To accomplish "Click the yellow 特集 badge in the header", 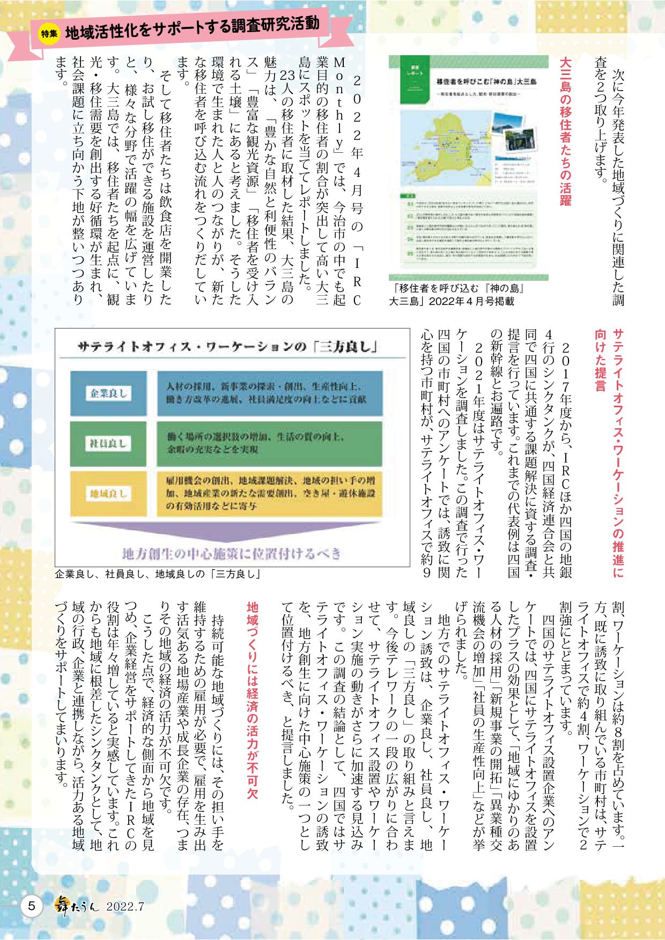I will click(49, 33).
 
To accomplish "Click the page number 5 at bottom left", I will click(32, 906).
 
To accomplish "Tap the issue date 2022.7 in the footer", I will click(125, 907).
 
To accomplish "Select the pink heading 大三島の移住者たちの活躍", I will click(565, 131).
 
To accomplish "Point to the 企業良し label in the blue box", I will click(108, 393).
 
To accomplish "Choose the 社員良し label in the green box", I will click(108, 444).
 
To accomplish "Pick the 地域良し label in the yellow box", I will click(108, 494).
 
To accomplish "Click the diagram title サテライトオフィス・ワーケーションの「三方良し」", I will click(227, 347).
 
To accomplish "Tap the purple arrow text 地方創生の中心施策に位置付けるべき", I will click(232, 553).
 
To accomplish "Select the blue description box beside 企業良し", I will click(270, 393).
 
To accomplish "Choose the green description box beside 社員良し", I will click(270, 444).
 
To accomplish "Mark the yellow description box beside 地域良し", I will click(270, 494).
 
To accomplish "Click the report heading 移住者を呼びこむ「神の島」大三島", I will click(486, 82).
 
